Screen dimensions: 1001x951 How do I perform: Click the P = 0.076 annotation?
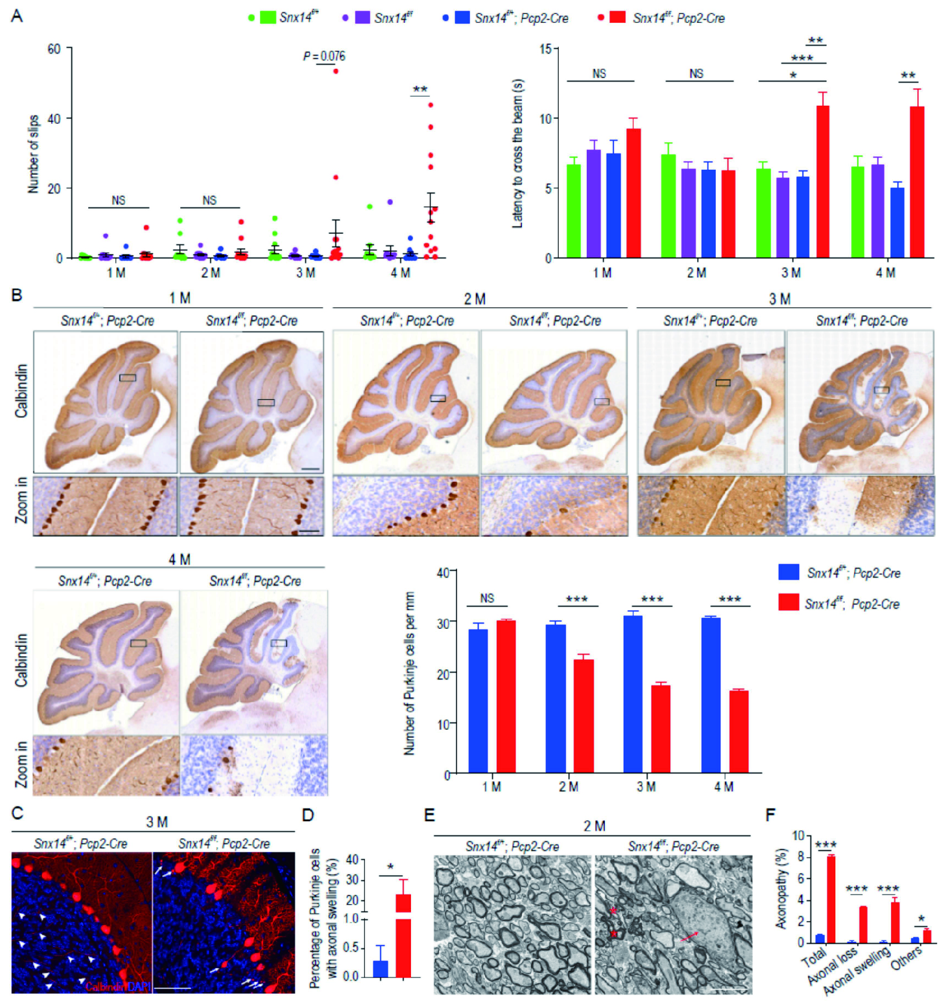(324, 56)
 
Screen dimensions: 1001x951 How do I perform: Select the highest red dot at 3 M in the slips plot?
(336, 71)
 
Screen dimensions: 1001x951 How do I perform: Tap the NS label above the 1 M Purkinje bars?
(487, 598)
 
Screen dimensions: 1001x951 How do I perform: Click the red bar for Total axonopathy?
(831, 899)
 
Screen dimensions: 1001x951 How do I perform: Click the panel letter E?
(429, 815)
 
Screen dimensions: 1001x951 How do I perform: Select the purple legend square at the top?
(362, 17)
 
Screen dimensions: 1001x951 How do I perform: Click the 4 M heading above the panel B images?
(179, 559)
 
